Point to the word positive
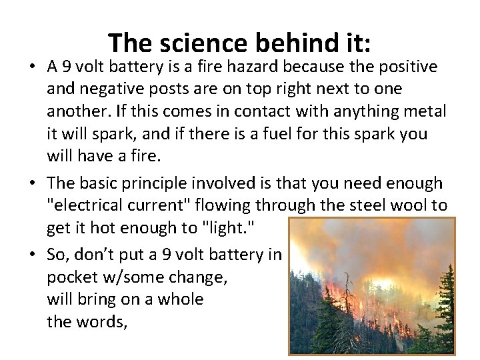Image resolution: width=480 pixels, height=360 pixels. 405,67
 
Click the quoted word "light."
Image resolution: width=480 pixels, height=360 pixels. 227,227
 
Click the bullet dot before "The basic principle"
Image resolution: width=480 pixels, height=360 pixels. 33,183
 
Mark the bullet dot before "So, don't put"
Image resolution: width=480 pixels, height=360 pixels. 33,255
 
